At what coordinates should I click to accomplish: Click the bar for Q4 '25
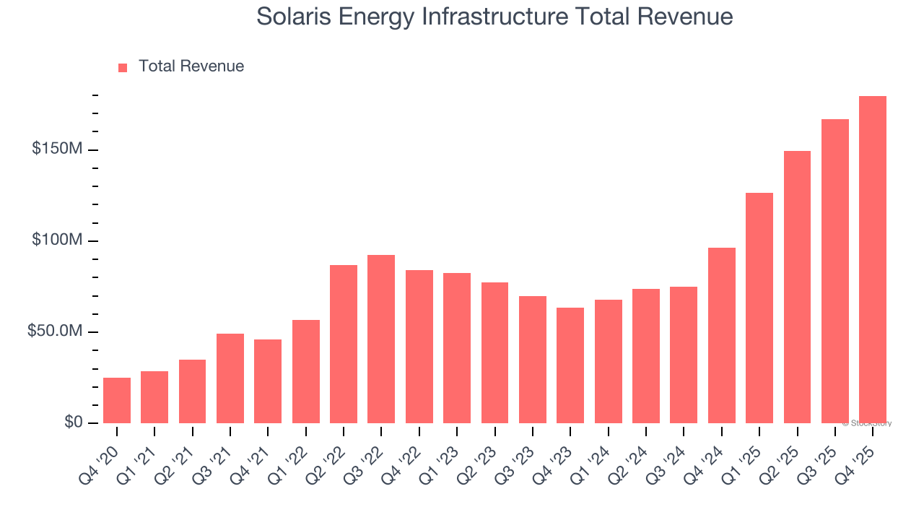873,260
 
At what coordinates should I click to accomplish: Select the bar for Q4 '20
117,400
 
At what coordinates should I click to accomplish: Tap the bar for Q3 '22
381,339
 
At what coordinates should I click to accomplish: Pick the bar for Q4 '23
570,365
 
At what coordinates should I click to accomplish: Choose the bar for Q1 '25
759,308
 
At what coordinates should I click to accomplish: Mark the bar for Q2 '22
344,344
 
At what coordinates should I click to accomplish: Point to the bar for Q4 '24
722,336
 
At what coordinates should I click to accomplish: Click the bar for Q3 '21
230,378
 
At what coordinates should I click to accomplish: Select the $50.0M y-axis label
55,331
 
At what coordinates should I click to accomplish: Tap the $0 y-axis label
73,422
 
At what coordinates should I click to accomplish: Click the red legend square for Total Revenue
123,67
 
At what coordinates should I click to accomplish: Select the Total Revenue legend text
191,66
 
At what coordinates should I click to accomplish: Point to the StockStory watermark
867,423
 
